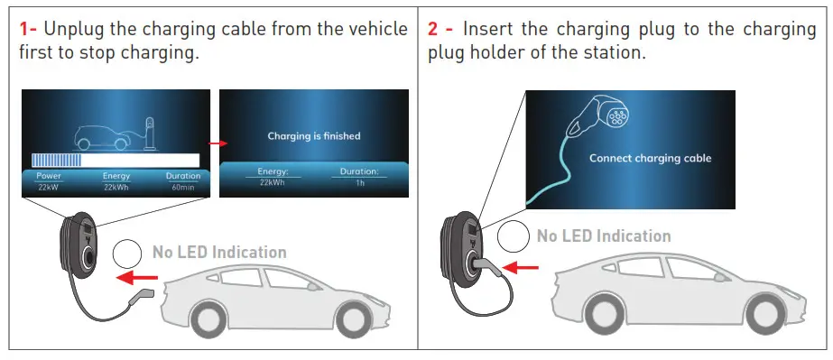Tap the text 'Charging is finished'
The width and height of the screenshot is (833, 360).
pyautogui.click(x=313, y=136)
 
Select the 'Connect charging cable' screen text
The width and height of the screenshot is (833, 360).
pyautogui.click(x=650, y=158)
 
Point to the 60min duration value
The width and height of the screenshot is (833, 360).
pyautogui.click(x=183, y=186)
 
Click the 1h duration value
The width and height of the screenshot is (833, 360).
pyautogui.click(x=359, y=182)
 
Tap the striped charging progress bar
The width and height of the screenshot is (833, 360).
pyautogui.click(x=56, y=160)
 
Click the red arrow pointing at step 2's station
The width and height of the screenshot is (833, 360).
pyautogui.click(x=521, y=267)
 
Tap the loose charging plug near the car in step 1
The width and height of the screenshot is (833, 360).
pyautogui.click(x=142, y=296)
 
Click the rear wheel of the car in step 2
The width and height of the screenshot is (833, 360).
pyautogui.click(x=768, y=307)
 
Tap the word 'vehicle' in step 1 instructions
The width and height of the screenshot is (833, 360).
pyautogui.click(x=376, y=29)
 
